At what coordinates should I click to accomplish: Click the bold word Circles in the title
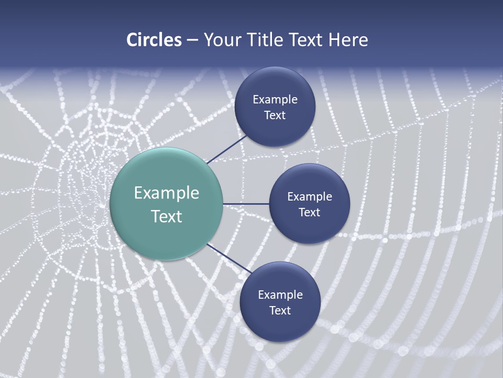tap(154, 40)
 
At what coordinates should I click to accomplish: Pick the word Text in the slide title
tap(307, 40)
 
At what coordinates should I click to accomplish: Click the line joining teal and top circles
tap(228, 149)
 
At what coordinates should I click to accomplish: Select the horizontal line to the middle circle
tap(246, 204)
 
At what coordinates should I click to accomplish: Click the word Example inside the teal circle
tap(167, 193)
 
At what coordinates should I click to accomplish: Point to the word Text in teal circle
tap(167, 216)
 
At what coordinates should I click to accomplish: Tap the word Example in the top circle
tap(275, 100)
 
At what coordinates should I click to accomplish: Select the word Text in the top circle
tap(275, 115)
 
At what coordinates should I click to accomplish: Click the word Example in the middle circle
tap(310, 197)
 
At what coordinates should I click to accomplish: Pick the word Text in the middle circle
tap(310, 213)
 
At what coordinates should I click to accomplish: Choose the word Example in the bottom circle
tap(280, 295)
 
